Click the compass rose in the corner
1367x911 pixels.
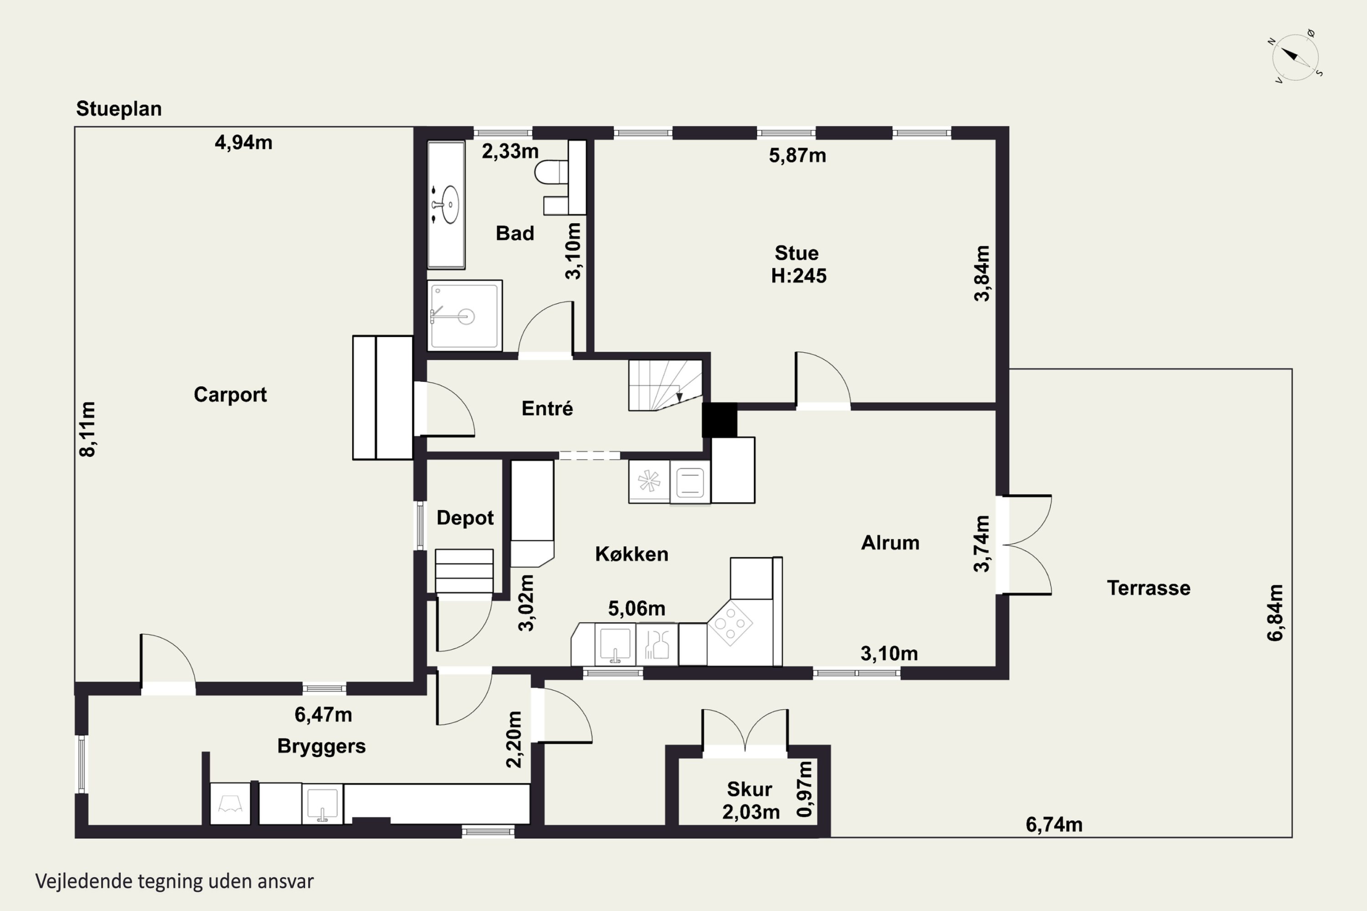coord(1295,57)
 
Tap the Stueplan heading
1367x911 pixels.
coord(118,109)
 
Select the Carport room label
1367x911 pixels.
coord(230,394)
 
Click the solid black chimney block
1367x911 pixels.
coord(719,420)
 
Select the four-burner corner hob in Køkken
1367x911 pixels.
coord(730,623)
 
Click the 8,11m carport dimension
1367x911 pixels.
coord(87,430)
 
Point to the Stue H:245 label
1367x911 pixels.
coord(798,264)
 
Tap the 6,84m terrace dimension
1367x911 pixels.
coord(1274,612)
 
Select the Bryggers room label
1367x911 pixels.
coord(321,746)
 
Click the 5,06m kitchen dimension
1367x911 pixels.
coord(637,608)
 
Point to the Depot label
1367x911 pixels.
coord(465,517)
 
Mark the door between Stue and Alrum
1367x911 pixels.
coord(823,379)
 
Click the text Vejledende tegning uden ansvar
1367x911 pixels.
coord(175,881)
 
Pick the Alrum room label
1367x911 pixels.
coord(890,543)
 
